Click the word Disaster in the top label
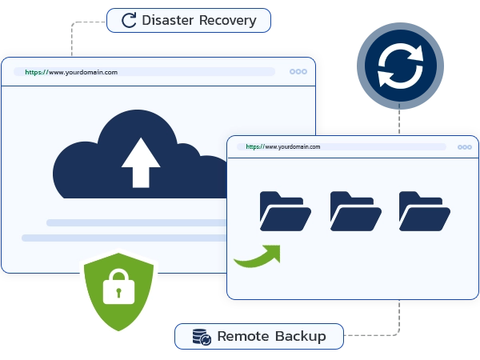(x=168, y=20)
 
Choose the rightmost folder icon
(x=424, y=211)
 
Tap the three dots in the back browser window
(x=298, y=72)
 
